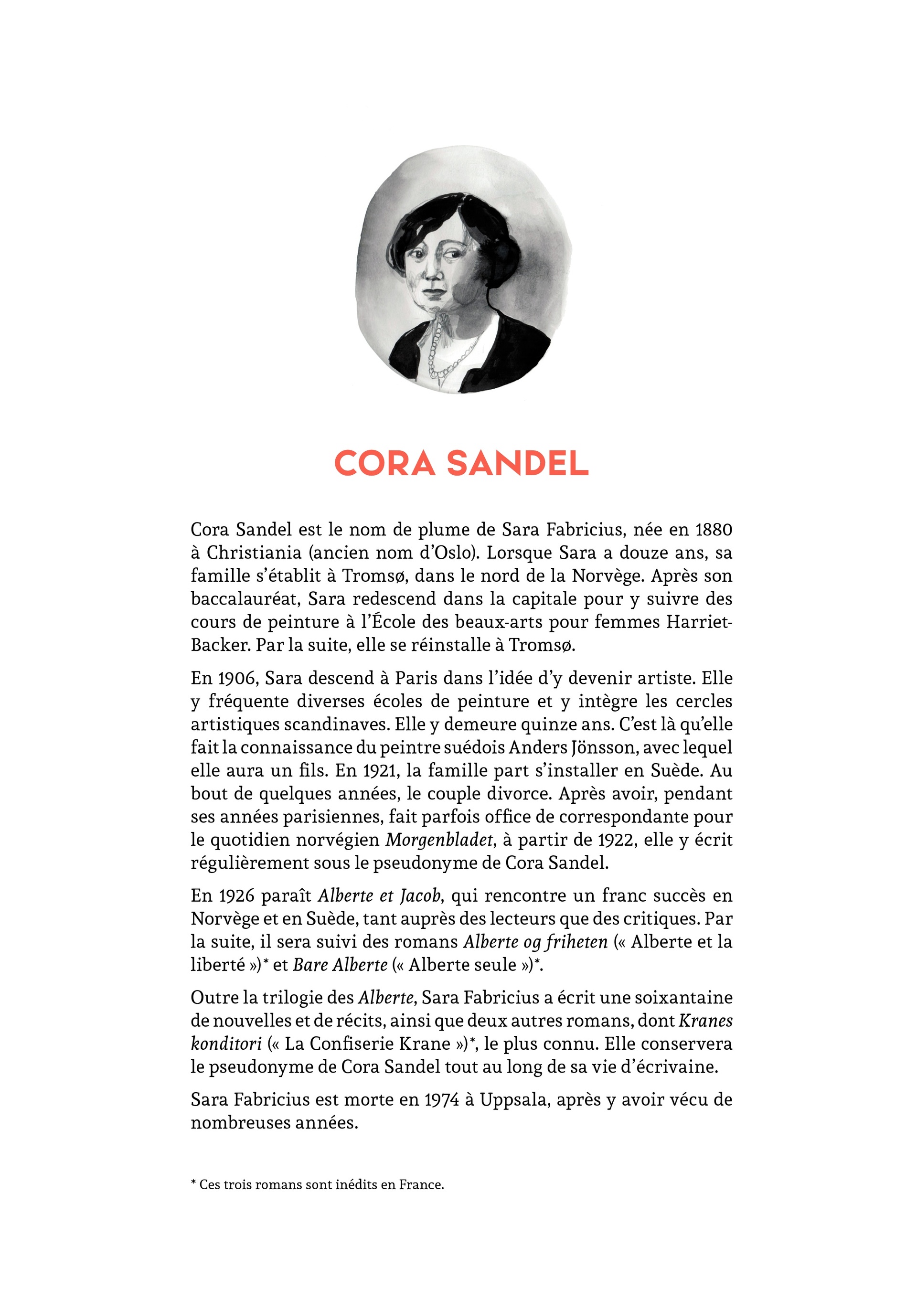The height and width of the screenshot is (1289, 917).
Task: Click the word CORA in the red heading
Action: pyautogui.click(x=384, y=464)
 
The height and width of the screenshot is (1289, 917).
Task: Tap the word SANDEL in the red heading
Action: pyautogui.click(x=518, y=464)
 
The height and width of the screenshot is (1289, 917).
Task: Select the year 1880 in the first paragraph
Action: pyautogui.click(x=713, y=530)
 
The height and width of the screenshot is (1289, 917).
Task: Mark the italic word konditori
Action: pyautogui.click(x=226, y=1044)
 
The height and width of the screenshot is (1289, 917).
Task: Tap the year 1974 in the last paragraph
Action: pyautogui.click(x=442, y=1100)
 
